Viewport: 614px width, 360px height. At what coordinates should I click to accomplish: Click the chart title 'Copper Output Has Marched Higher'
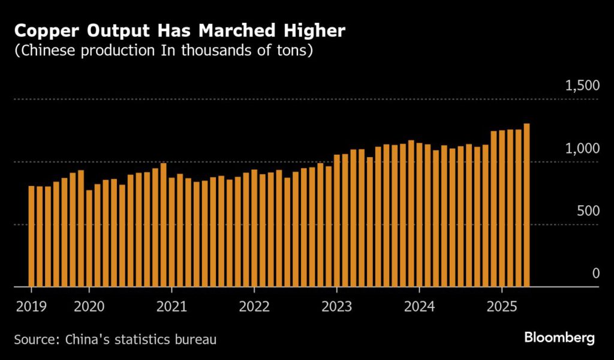click(x=179, y=30)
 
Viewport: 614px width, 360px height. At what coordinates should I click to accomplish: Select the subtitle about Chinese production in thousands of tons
click(x=164, y=50)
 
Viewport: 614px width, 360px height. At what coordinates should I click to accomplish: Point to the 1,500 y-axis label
click(x=582, y=86)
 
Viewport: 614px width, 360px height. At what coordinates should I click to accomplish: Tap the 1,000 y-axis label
click(x=582, y=148)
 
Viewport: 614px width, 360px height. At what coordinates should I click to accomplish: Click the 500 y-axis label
click(x=587, y=211)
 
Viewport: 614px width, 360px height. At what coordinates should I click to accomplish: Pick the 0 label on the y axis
click(x=595, y=274)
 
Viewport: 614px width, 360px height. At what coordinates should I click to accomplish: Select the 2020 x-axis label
click(x=89, y=306)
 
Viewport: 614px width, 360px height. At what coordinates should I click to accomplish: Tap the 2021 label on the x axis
click(x=171, y=306)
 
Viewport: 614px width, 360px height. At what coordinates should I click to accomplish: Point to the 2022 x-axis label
click(x=254, y=306)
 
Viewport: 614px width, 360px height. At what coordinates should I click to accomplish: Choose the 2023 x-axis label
click(x=337, y=306)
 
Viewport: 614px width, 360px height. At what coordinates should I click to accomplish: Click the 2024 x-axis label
click(x=420, y=306)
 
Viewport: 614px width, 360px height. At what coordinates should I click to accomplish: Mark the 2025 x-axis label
click(x=502, y=306)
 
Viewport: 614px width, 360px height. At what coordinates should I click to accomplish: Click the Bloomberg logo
click(x=559, y=338)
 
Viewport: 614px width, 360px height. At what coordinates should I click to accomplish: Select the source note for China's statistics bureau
click(x=115, y=340)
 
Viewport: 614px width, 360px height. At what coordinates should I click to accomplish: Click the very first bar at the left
click(x=31, y=236)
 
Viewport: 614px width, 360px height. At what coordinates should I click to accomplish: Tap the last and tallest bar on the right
click(x=526, y=205)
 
